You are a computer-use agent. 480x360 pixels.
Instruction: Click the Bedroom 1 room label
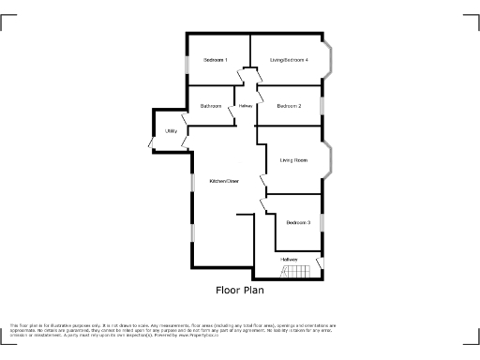(x=215, y=61)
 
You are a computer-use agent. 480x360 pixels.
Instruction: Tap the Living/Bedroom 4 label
(x=289, y=61)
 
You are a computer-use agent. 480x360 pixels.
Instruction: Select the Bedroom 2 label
(x=289, y=106)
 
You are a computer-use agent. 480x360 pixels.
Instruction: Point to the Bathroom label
(x=210, y=106)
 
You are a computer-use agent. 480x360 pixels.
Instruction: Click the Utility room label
(x=172, y=131)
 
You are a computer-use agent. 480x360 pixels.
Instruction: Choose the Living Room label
(x=293, y=160)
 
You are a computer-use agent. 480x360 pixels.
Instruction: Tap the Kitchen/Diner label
(x=224, y=181)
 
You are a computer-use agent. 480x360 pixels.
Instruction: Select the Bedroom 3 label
(x=298, y=222)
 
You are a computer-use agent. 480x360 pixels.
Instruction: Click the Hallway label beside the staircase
(x=288, y=259)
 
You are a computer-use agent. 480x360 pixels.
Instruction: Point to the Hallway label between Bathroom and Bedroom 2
(x=246, y=106)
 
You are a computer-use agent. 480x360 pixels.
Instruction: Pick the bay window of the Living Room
(x=328, y=159)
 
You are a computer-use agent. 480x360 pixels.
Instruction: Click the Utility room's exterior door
(x=151, y=142)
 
